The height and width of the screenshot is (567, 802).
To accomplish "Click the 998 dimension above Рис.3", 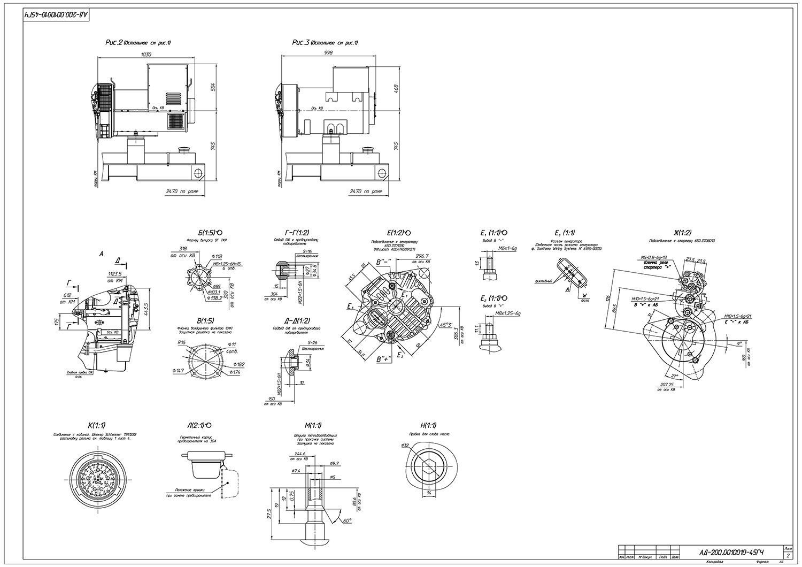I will point(329,52).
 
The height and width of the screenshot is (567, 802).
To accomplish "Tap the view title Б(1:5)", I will point(206,233).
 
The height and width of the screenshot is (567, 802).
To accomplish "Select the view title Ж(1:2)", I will point(682,233).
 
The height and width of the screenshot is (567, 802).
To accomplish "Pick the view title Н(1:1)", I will point(429,425).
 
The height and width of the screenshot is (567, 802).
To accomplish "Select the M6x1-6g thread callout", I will point(507,249).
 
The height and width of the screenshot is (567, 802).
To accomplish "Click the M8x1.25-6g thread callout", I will point(508,313).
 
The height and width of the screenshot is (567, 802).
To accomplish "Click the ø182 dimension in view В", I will point(240,364).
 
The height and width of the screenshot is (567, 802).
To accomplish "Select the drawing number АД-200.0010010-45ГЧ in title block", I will point(731,552).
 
